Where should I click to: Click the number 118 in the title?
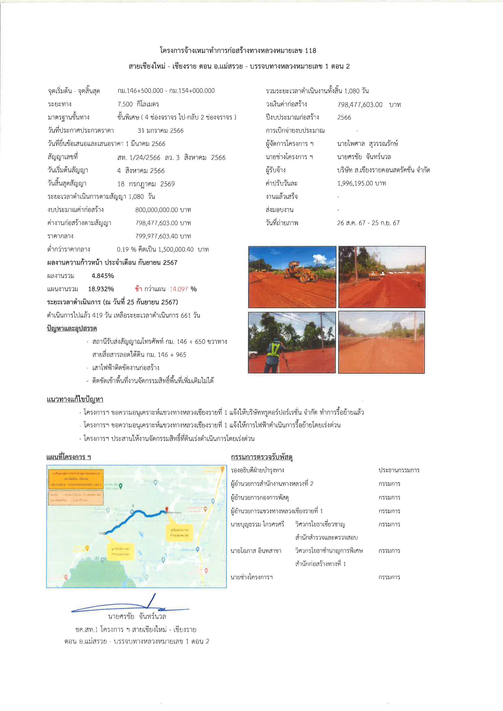(x=310, y=50)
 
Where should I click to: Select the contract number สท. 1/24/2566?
(x=139, y=158)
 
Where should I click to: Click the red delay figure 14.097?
(x=179, y=289)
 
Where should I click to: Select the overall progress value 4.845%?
(x=103, y=276)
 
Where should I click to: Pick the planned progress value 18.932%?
(x=101, y=289)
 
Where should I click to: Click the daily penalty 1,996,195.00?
(x=355, y=183)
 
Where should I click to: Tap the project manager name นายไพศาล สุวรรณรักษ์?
(x=367, y=144)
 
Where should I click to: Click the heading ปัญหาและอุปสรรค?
(x=72, y=329)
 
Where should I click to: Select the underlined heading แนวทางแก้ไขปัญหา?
(x=75, y=400)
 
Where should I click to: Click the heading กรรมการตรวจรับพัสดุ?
(x=262, y=457)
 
